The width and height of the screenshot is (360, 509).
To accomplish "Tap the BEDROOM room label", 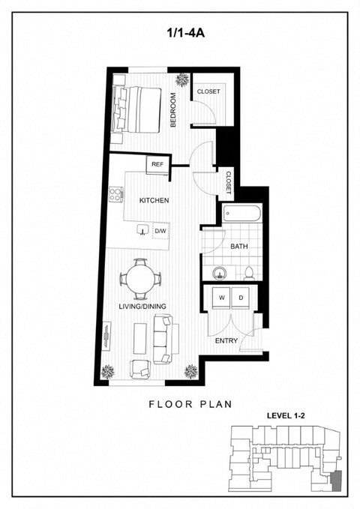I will (173, 109).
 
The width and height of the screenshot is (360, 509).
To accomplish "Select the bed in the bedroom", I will (137, 109).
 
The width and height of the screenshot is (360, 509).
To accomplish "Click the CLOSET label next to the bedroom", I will (208, 91).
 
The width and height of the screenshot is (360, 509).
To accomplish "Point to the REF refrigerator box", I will (157, 164).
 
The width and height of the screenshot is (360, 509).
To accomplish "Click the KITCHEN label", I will (154, 200).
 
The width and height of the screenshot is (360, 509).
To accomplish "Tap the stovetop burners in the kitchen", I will (117, 196).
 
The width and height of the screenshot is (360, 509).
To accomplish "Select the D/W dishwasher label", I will (160, 232).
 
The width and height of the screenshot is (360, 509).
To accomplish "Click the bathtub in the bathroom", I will (241, 214).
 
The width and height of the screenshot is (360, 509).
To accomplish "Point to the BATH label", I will (239, 246).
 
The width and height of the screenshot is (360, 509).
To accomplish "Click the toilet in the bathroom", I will (249, 273).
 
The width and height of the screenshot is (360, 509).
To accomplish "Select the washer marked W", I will (222, 298).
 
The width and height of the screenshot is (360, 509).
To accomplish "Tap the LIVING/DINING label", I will (142, 306).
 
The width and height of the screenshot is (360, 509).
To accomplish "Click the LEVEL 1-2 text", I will (289, 415).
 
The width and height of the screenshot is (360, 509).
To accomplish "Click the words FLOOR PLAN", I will (190, 403).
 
